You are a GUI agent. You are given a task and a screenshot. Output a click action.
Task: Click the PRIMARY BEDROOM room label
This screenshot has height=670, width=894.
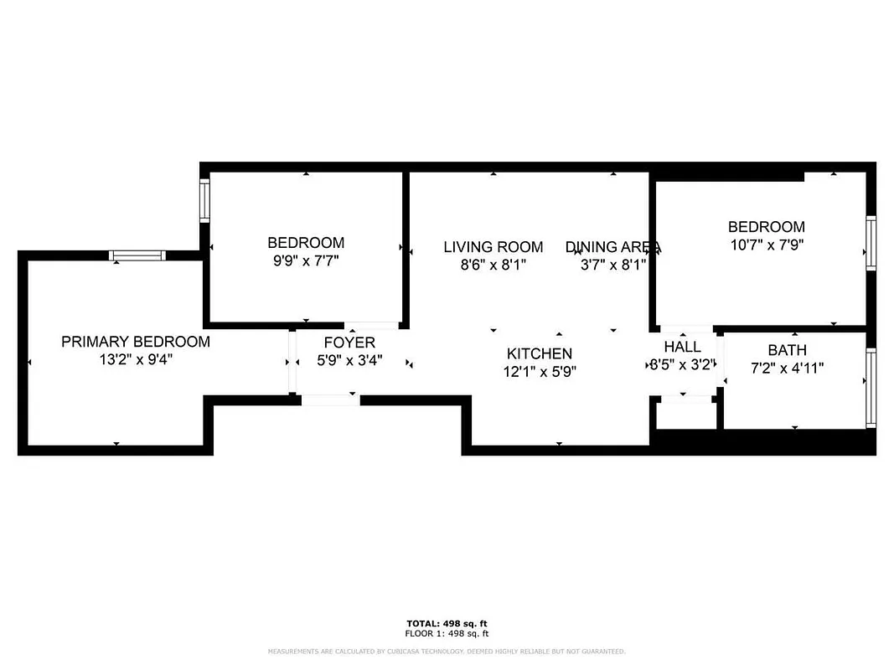136,342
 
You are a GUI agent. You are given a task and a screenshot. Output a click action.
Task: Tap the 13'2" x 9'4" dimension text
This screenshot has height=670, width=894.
136,360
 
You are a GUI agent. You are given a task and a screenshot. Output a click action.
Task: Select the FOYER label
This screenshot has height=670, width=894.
349,343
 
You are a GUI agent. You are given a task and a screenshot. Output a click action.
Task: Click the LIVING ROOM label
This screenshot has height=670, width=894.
493,247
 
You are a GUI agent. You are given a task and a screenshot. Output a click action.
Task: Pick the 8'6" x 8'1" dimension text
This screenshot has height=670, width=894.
493,265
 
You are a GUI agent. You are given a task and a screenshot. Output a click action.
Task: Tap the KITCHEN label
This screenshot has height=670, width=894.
540,354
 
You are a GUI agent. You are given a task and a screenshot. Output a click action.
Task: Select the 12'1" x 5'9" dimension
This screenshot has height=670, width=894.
540,372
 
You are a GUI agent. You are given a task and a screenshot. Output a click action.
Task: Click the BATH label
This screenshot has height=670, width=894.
787,350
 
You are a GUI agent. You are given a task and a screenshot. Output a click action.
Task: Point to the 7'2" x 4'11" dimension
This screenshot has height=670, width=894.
787,368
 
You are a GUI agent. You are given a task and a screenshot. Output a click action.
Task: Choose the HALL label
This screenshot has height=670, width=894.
682,347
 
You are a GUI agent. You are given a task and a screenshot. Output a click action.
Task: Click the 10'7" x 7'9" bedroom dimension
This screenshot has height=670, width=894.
766,245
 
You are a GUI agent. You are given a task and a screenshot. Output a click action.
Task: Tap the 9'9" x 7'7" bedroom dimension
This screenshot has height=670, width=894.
306,261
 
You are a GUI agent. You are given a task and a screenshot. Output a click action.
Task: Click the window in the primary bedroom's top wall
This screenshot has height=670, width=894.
137,255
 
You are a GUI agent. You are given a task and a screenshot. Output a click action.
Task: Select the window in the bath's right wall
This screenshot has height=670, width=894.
871,381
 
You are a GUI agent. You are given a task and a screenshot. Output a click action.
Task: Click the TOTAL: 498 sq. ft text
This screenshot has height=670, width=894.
447,624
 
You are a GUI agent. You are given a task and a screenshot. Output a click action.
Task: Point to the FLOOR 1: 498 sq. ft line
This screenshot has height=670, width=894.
447,633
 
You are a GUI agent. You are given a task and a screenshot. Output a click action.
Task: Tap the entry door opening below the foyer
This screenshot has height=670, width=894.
330,400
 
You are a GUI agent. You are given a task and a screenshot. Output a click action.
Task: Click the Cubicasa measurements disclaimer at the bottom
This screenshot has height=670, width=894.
447,652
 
